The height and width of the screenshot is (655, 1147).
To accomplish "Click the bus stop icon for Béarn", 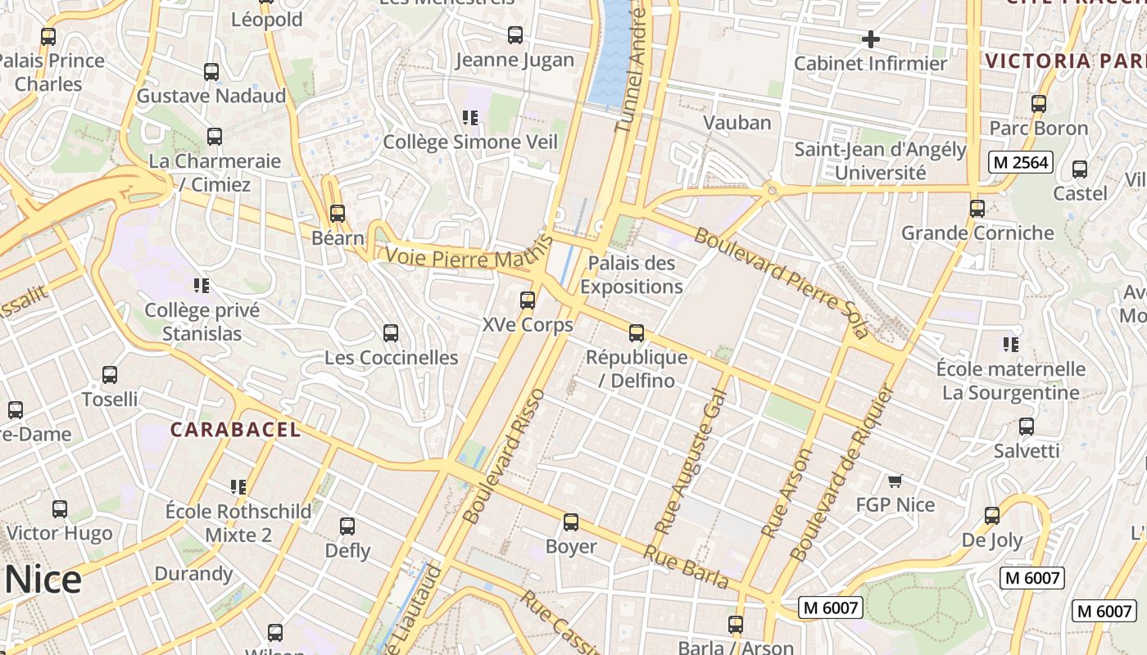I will coord(337,214).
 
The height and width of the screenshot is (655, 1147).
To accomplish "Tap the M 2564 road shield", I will coord(1019,162).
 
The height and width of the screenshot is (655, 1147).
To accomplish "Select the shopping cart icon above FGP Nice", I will coord(895,481).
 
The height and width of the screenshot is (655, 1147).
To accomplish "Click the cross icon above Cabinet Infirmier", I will coord(870,38).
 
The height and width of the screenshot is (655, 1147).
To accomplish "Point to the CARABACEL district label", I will coord(235,430).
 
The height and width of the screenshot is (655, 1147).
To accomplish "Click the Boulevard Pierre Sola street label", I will coord(780,282).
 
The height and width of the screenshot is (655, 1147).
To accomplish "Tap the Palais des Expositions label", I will coord(631,275).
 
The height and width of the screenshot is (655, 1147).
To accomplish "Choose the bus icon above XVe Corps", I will coord(528,300).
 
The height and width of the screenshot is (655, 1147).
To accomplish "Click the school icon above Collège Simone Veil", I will coord(470,118).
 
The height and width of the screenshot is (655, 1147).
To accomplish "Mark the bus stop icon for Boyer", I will coord(571,522).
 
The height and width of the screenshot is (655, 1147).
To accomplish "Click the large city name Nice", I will coord(43,580).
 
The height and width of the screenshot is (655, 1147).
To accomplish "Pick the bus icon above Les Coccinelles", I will coord(391,333).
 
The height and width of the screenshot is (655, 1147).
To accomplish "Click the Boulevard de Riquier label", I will coord(840,473).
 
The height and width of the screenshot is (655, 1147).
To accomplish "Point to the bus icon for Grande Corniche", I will coord(977,209).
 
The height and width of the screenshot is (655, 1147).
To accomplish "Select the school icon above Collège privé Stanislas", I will coord(202,286).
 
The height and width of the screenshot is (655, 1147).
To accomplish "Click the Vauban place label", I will coord(737,123).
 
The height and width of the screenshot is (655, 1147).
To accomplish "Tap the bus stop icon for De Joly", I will coord(992,516).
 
